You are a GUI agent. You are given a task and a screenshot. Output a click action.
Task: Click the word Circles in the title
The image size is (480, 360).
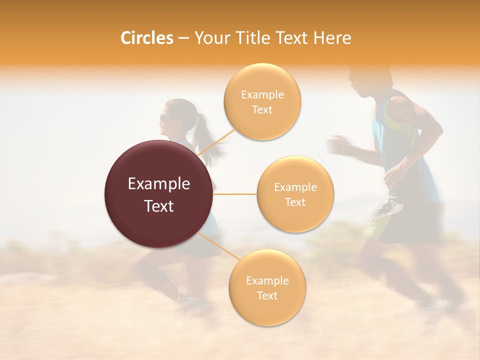pyautogui.click(x=146, y=38)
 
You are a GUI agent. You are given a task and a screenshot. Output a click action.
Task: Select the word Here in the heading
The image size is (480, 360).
pyautogui.click(x=332, y=38)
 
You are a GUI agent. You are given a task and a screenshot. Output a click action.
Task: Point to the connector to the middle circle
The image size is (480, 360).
pyautogui.click(x=235, y=194)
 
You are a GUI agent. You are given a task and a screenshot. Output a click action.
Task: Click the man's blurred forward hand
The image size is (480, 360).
pyautogui.click(x=338, y=145)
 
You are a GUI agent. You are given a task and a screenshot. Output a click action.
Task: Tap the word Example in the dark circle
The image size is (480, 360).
pyautogui.click(x=158, y=184)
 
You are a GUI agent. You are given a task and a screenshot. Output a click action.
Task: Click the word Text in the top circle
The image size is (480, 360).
pyautogui.click(x=262, y=109)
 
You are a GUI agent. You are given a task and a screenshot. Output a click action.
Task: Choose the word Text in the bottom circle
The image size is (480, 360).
pyautogui.click(x=267, y=295)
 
